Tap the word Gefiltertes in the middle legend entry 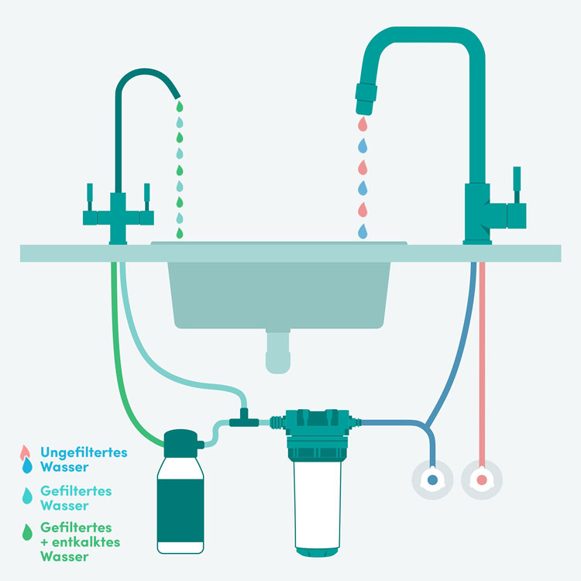tap(76, 491)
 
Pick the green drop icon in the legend tap(27, 531)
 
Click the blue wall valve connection tap(432, 480)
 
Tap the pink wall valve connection tap(482, 480)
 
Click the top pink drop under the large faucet tap(362, 123)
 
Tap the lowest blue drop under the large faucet tap(362, 231)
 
